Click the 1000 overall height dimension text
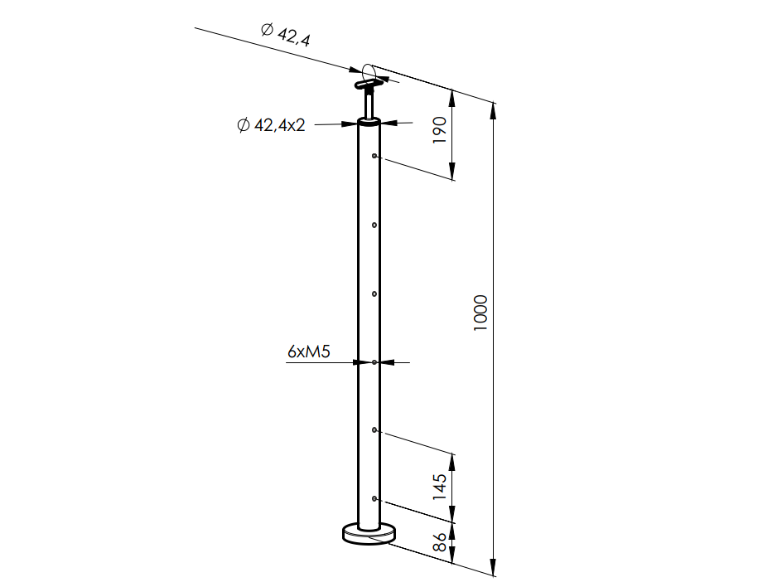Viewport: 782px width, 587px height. (482, 313)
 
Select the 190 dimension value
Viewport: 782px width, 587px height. (440, 130)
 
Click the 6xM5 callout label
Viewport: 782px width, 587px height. (309, 352)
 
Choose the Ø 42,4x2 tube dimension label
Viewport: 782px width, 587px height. (272, 125)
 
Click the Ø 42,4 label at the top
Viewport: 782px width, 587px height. (285, 34)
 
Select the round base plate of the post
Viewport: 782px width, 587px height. (369, 533)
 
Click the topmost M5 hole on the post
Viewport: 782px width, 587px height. (376, 156)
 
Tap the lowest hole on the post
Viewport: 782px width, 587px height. (376, 498)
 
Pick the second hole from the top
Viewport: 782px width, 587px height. (376, 225)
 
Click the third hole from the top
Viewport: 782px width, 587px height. (376, 293)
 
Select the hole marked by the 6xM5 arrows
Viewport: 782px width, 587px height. (376, 362)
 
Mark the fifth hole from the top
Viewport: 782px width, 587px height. (376, 430)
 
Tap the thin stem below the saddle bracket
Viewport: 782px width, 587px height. (369, 105)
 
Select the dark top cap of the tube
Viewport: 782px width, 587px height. (369, 123)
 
